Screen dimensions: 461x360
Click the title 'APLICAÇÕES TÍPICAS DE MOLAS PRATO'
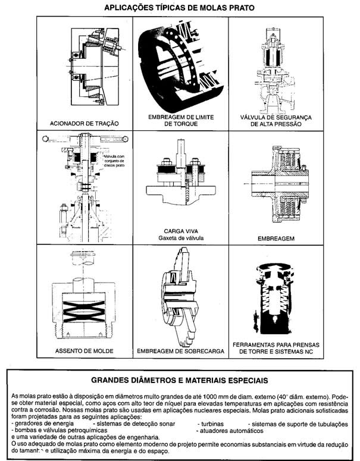tap(179, 8)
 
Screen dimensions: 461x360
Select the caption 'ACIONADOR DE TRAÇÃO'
tap(84, 123)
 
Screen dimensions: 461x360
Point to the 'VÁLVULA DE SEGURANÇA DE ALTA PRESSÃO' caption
tap(273, 121)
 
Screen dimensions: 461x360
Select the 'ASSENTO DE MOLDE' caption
tap(84, 351)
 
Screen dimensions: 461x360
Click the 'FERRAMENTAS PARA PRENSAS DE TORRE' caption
tap(273, 347)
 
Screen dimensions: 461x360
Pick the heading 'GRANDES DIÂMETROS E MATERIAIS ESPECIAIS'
tap(179, 379)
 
